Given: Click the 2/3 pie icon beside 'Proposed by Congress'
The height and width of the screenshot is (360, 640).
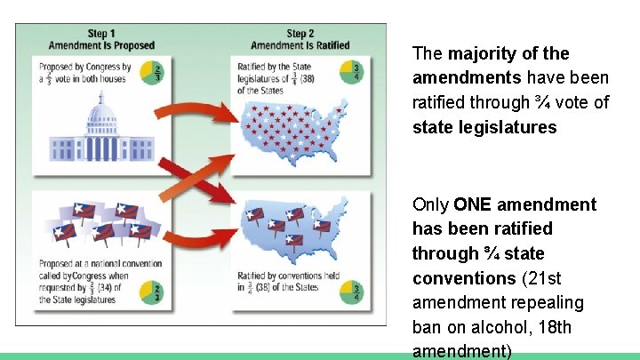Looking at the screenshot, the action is point(156,73).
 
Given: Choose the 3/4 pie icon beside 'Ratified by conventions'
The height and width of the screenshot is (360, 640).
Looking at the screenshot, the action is point(356,291).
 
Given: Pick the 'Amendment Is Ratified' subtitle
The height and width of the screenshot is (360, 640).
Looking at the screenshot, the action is point(300,45).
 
